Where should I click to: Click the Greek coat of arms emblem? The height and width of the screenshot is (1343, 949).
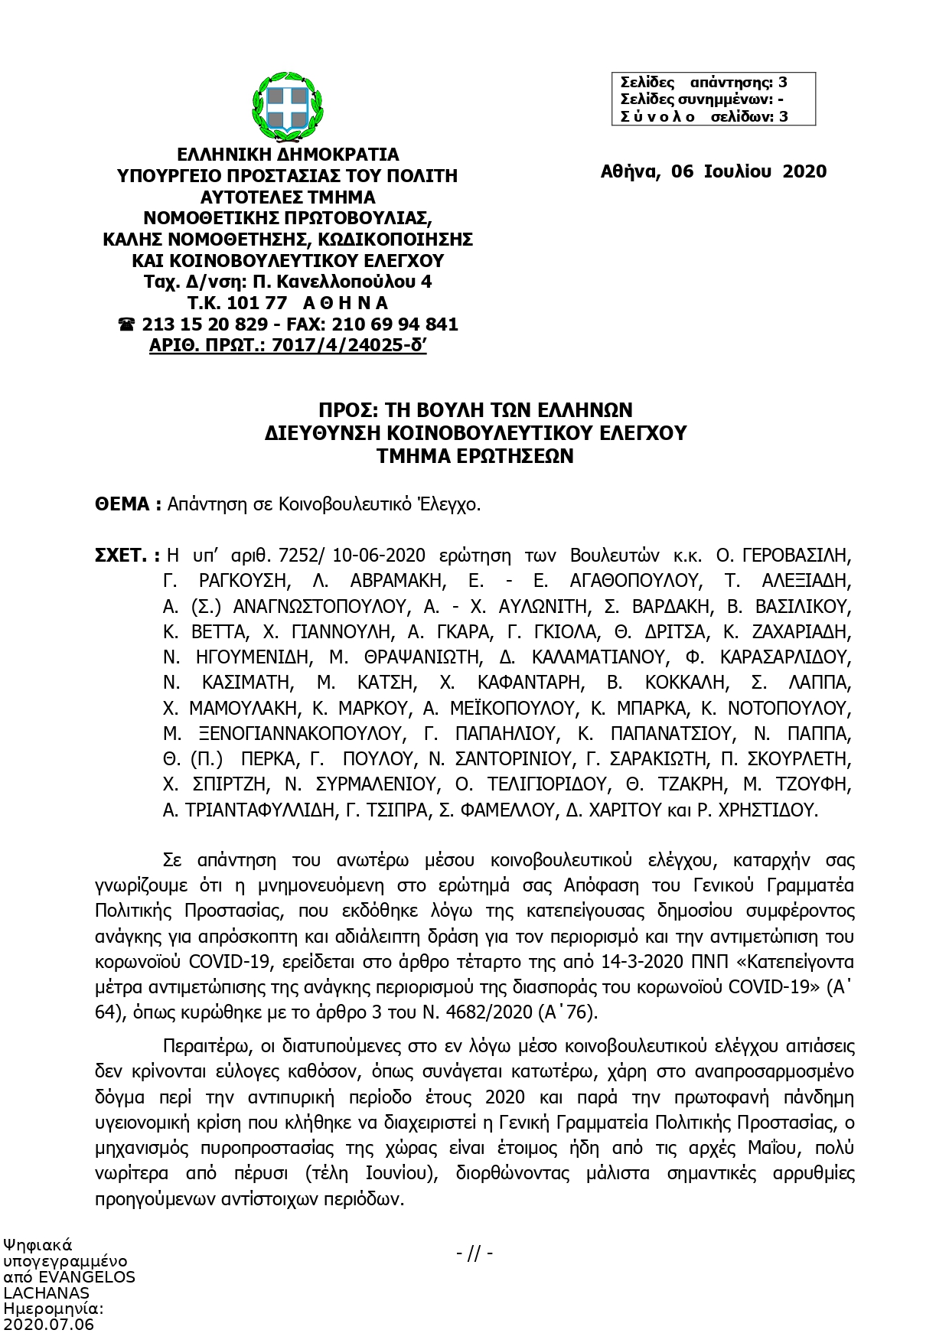(x=288, y=109)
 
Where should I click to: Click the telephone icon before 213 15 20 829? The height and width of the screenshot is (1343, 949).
(x=126, y=325)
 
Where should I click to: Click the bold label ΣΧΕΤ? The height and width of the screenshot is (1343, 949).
(x=123, y=556)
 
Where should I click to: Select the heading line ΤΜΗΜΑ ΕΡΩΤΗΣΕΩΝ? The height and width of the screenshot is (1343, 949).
(x=475, y=456)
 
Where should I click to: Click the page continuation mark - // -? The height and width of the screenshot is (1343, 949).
(x=475, y=1253)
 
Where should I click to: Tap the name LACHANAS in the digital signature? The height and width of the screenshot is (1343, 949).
(x=47, y=1293)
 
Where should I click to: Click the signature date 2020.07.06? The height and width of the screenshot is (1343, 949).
(x=49, y=1324)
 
